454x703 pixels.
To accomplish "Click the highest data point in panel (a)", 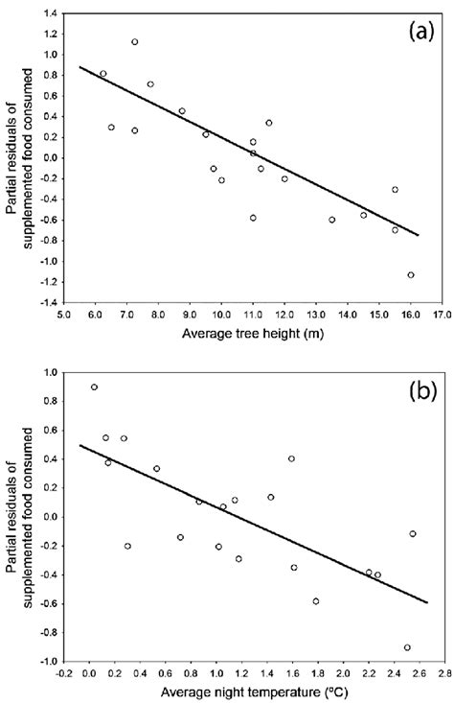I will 135,42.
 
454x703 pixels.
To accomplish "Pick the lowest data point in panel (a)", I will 411,275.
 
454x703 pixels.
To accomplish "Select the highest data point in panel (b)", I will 94,387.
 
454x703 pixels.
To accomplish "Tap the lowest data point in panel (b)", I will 407,647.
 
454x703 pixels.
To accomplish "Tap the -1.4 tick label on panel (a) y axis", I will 43,301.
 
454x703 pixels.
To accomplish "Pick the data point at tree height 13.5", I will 332,220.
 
